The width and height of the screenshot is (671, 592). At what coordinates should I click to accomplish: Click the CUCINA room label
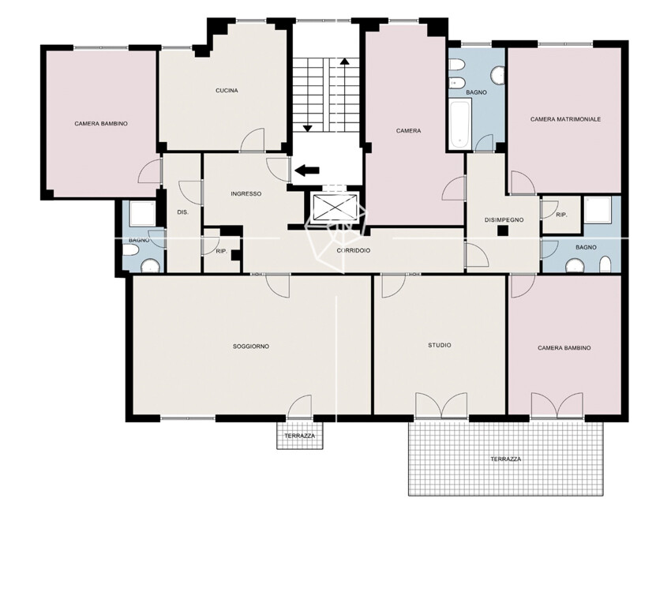coord(227,91)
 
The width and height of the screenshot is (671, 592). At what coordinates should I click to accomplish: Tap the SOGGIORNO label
coord(251,347)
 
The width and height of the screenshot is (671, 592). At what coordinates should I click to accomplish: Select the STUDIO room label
coord(440,345)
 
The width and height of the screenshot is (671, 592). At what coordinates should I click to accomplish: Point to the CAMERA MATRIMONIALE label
coord(565,119)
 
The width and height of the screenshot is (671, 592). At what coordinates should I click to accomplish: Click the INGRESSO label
coord(246,193)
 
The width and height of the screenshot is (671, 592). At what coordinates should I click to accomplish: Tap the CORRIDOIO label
coord(354,251)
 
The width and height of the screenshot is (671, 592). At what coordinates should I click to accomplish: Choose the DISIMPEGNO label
coord(504,220)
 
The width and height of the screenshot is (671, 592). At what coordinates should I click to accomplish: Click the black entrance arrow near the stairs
coord(307,170)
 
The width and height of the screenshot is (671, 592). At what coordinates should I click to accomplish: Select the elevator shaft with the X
coord(335,208)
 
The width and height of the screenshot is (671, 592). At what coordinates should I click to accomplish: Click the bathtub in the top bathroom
coord(460,123)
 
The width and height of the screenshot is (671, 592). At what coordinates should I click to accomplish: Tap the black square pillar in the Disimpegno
coord(503,231)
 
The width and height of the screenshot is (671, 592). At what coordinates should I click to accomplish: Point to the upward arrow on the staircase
coord(344,94)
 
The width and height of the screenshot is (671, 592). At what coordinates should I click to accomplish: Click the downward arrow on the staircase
coord(307,94)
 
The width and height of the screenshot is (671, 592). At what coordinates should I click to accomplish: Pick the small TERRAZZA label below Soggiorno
coord(299,436)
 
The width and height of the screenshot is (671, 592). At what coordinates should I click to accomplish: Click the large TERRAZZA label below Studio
coord(506,459)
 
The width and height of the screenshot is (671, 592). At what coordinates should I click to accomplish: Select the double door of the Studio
coord(441,405)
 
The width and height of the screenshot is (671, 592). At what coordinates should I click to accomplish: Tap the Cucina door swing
coord(252,141)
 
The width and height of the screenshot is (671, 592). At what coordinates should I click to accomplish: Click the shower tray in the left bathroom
coord(143,213)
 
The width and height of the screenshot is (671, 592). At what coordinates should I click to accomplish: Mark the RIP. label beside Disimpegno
coord(561,215)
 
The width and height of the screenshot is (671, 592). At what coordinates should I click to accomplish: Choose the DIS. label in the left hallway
coord(182,212)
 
